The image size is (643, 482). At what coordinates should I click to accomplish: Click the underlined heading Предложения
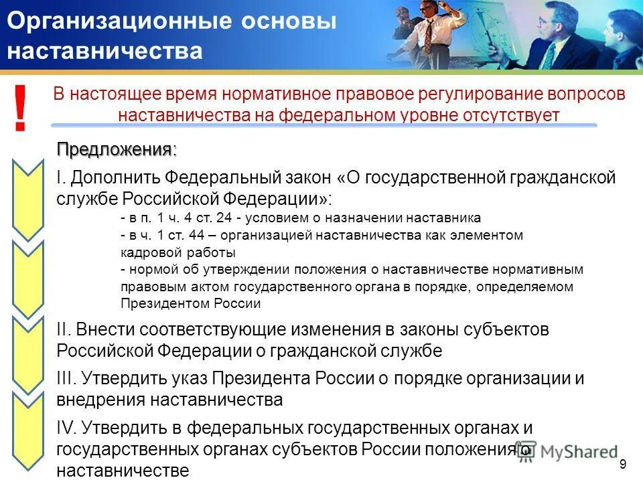coord(115,149)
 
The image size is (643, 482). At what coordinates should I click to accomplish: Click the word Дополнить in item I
coord(116,178)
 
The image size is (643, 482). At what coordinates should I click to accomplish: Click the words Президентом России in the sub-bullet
coord(190,303)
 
